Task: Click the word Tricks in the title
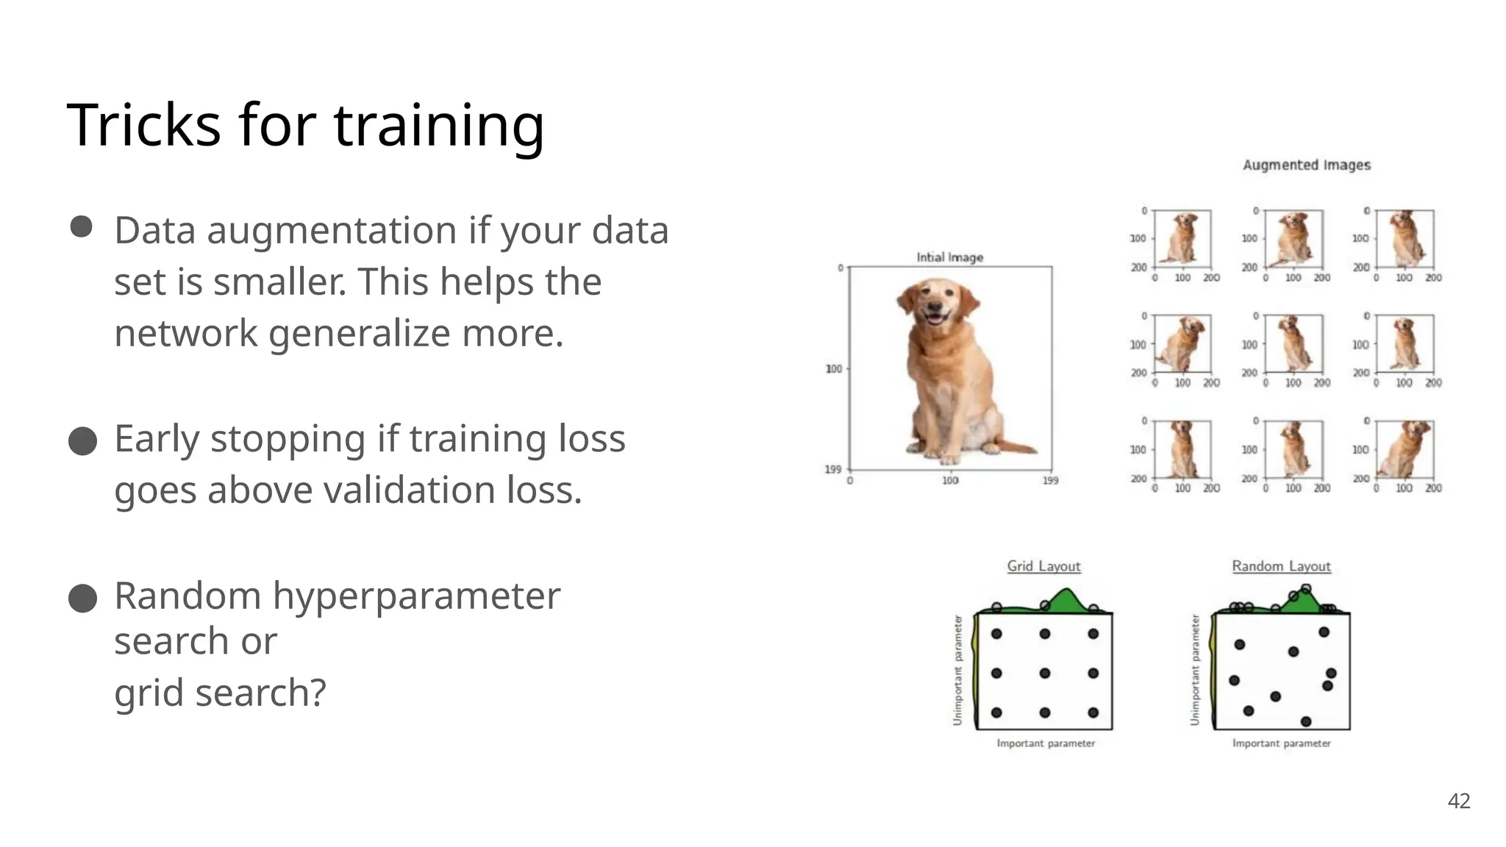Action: coord(143,125)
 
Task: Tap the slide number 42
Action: coord(1459,801)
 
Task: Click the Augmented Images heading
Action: coord(1307,165)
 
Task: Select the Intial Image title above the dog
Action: coord(949,257)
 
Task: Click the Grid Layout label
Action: coord(1043,566)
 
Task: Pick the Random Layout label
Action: coord(1281,566)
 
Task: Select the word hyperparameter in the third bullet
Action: coord(416,596)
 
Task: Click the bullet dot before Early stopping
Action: coord(82,442)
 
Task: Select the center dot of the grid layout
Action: coord(1044,673)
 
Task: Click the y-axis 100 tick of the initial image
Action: coord(833,369)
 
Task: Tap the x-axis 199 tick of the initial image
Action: coord(1050,481)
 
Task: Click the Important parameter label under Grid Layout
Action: coord(1045,744)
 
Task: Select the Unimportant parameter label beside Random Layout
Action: coord(1195,670)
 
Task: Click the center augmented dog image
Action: coord(1293,343)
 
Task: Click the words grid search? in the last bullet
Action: coord(220,693)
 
